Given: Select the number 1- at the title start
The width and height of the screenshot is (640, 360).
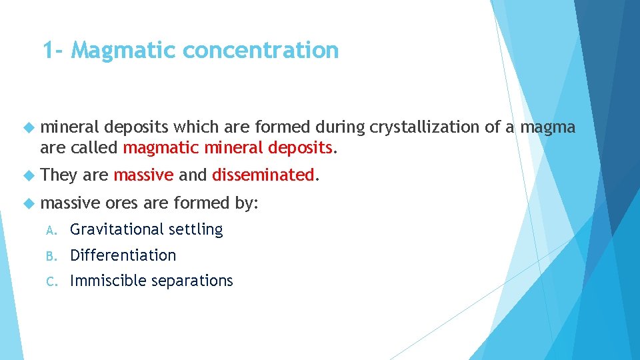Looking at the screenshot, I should click(x=53, y=50).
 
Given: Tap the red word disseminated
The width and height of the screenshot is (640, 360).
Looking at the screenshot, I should click(x=263, y=175).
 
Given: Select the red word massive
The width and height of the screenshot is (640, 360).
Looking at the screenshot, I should click(x=143, y=175).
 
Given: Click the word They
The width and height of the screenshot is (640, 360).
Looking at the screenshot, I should click(x=59, y=175).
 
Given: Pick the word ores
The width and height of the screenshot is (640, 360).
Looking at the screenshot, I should click(x=121, y=203).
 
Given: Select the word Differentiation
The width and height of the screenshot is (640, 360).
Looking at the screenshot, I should click(x=123, y=255).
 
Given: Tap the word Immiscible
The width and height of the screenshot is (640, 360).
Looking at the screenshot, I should click(x=108, y=281).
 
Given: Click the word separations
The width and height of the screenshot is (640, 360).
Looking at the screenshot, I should click(x=192, y=281).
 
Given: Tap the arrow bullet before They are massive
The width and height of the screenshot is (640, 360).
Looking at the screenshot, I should click(x=27, y=175).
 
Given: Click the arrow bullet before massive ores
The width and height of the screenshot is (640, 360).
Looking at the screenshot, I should click(x=27, y=203).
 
